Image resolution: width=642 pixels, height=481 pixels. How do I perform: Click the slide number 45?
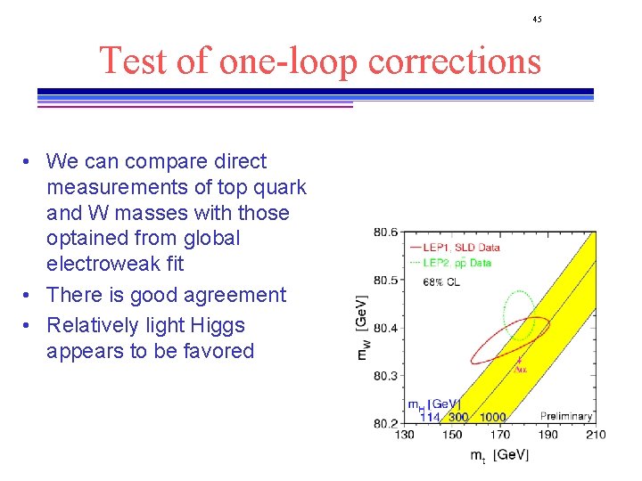click(537, 19)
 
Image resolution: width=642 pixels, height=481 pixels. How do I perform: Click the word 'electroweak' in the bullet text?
click(103, 264)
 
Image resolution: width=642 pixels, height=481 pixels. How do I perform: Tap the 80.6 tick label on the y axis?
click(385, 232)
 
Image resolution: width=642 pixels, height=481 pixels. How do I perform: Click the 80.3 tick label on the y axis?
click(385, 376)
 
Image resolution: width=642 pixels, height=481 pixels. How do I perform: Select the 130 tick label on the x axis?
click(404, 435)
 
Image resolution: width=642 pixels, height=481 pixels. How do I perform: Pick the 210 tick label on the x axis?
click(596, 435)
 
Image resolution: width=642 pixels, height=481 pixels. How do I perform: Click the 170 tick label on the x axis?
click(499, 435)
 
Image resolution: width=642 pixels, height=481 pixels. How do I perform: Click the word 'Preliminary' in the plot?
click(565, 416)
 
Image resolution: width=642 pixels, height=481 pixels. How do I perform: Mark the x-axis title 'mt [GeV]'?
click(499, 456)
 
